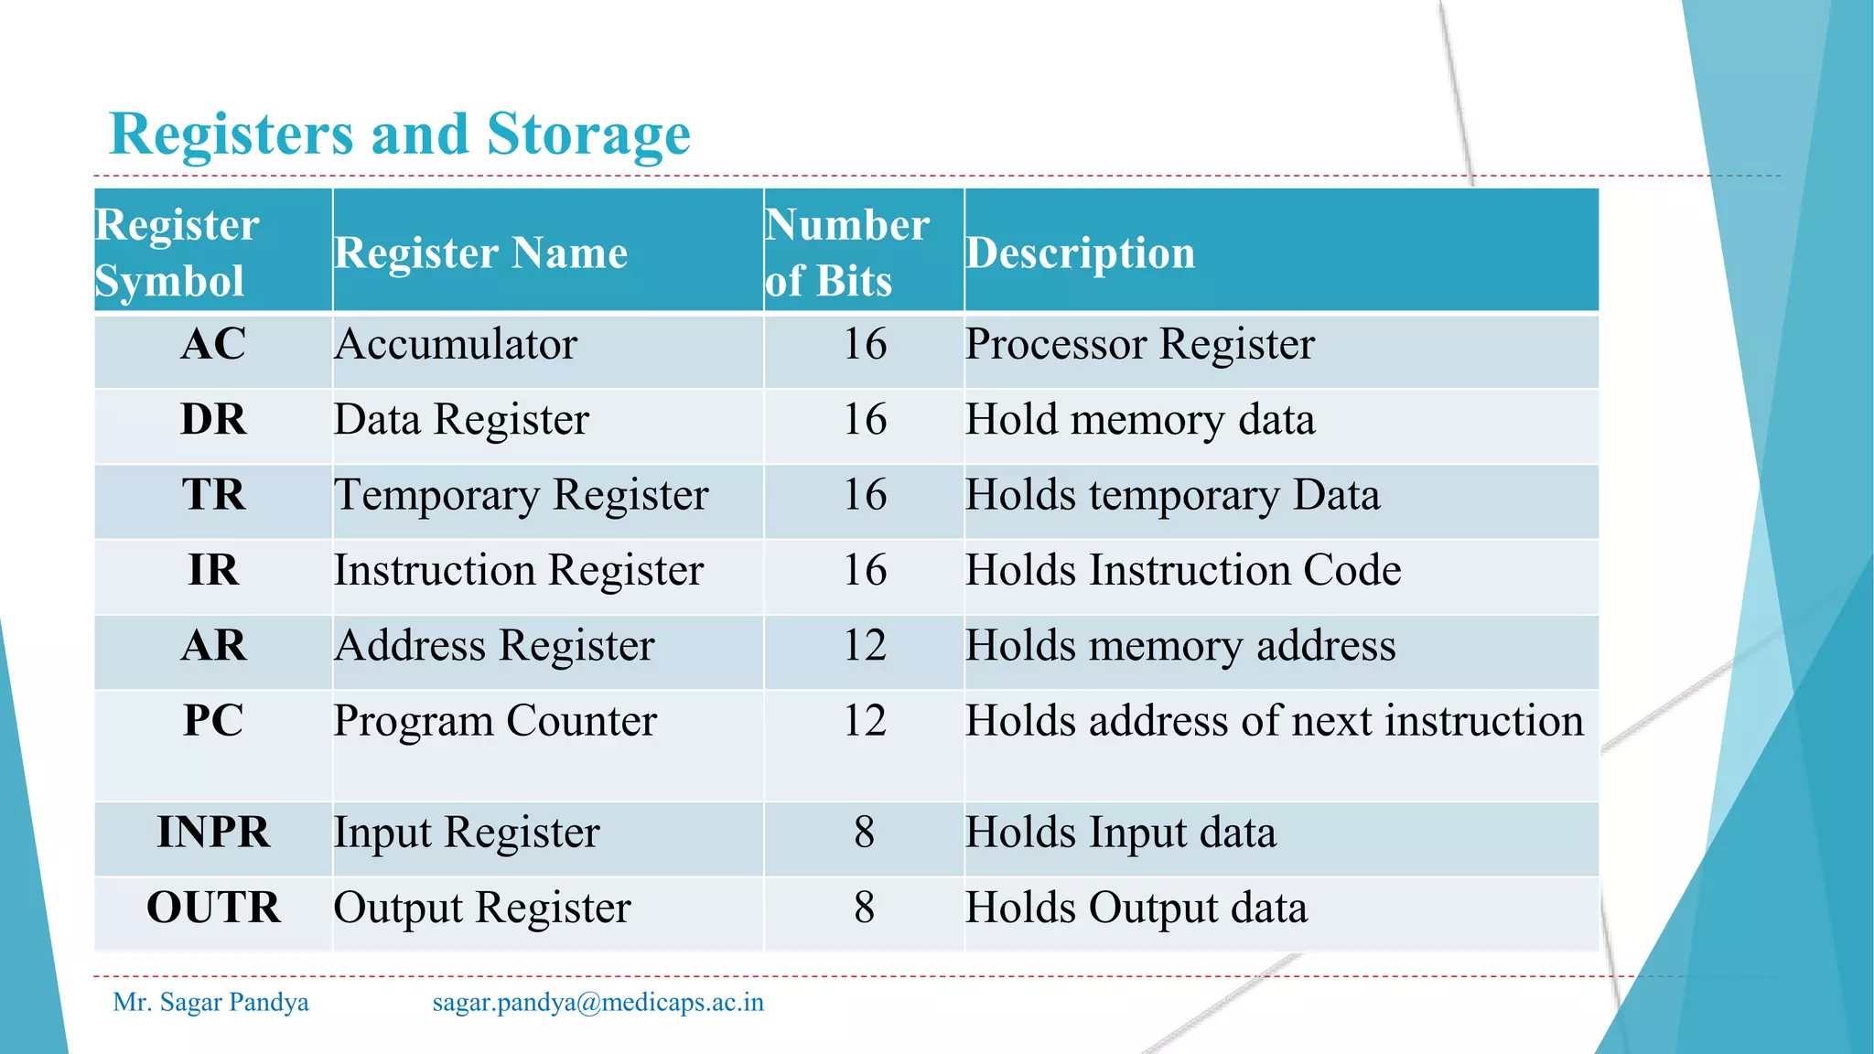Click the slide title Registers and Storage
point(400,134)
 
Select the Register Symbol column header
point(177,253)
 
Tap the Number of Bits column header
point(846,253)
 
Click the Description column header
point(1080,253)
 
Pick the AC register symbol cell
point(213,345)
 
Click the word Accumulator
point(455,345)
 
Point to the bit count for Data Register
point(864,420)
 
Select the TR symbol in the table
point(213,495)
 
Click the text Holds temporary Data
point(1172,496)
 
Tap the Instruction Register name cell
point(518,571)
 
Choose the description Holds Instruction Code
point(1182,571)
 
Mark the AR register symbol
point(213,646)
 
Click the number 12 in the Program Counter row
point(864,721)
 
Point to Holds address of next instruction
point(1274,721)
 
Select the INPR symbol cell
point(213,833)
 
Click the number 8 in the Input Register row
point(864,833)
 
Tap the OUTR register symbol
point(213,908)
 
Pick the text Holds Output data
point(1136,909)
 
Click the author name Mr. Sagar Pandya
point(210,1003)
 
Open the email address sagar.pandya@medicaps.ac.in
point(598,1003)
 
